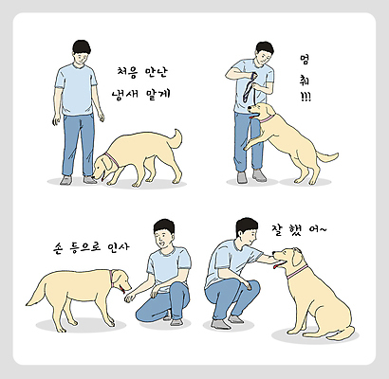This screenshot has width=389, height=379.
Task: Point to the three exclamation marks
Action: point(306,97)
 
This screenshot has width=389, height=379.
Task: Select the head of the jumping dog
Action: point(263,114)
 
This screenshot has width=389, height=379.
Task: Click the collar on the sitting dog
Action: point(300,272)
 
